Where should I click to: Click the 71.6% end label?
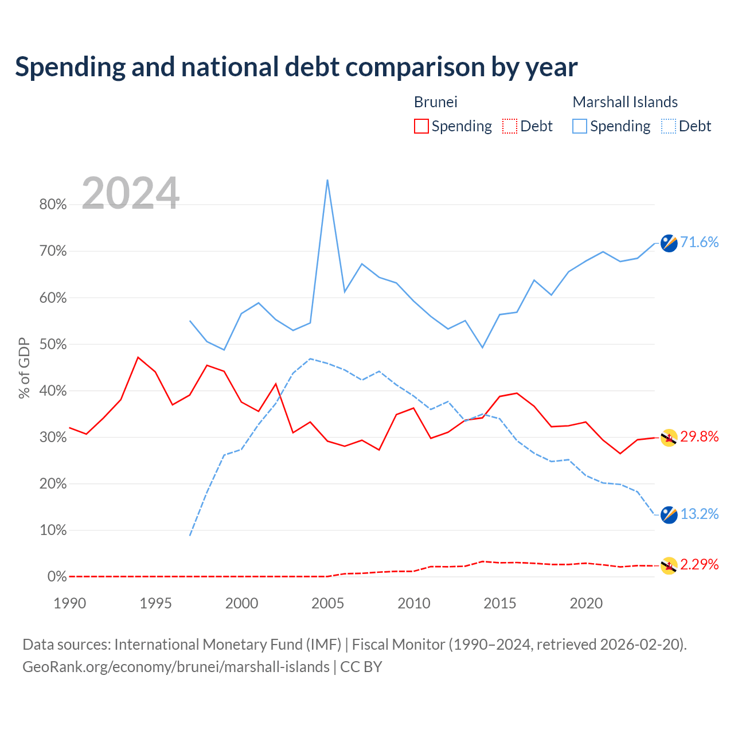(699, 242)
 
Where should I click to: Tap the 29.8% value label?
(699, 436)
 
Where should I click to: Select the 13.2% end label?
(699, 514)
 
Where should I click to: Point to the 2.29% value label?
(699, 564)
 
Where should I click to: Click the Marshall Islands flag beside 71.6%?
(669, 243)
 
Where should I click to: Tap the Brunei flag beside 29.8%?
(669, 438)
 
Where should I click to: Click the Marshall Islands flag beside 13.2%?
(669, 515)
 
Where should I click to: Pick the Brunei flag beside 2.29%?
(669, 565)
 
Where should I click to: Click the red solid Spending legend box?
(421, 126)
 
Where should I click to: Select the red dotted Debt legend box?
(509, 126)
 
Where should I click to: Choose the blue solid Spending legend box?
(579, 126)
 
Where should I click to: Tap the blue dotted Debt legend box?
(668, 126)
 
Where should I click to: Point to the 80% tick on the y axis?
(53, 205)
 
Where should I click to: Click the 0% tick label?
(57, 577)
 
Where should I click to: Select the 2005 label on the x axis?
(327, 603)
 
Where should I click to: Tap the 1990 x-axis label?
(70, 603)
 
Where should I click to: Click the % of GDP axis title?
(24, 368)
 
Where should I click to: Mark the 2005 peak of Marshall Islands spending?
(327, 180)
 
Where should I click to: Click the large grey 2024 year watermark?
(130, 193)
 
